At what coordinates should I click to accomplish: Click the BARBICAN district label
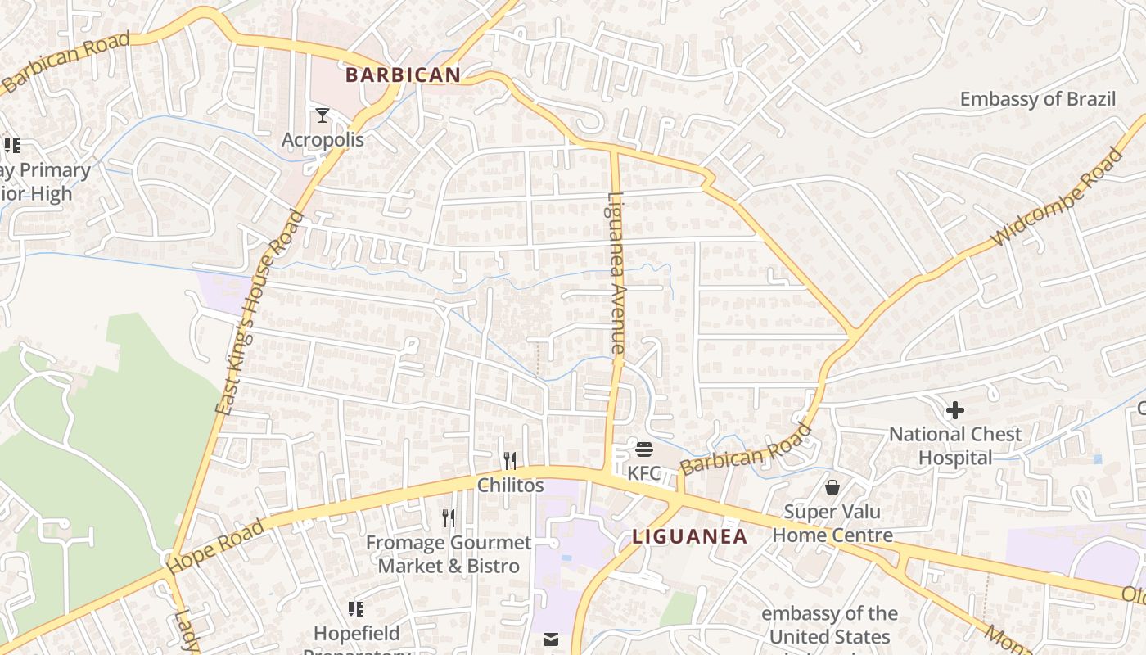403,75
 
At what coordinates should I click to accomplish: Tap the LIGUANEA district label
689,537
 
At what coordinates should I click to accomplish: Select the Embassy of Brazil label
1037,99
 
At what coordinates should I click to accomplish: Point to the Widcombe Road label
1057,197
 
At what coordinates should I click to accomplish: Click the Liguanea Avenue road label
616,273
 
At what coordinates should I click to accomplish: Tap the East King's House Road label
259,314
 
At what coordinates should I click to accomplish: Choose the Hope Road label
215,546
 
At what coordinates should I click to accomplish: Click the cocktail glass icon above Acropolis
323,115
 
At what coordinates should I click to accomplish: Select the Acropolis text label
323,140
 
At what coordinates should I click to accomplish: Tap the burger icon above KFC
644,449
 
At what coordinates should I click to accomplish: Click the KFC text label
644,473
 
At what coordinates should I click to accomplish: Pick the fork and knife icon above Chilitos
510,461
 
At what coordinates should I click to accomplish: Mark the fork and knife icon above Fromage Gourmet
449,517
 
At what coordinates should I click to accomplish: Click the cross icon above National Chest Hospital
954,410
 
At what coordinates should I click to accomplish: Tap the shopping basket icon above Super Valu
832,487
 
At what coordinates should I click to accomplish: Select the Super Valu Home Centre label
832,524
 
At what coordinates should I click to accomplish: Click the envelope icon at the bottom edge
551,639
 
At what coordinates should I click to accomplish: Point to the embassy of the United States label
829,625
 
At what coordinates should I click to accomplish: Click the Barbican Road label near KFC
745,449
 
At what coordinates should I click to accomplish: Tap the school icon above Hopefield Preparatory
356,608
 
